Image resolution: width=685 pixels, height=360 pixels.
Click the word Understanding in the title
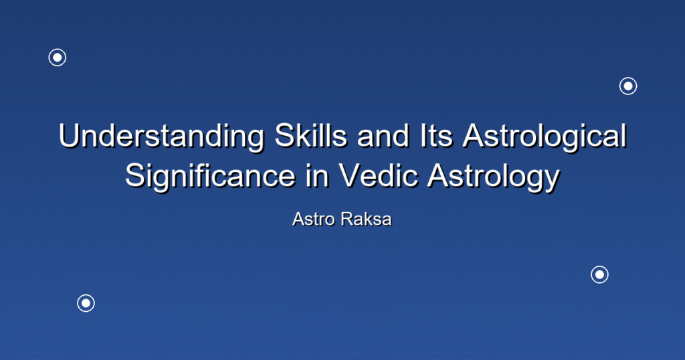pos(161,136)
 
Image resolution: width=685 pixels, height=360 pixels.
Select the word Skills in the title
pos(310,136)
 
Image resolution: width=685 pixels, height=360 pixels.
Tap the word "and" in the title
pos(383,136)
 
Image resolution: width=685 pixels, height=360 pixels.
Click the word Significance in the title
pos(210,177)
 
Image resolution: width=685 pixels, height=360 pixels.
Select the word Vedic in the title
pos(378,175)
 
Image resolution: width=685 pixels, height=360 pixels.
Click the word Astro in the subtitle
pos(314,219)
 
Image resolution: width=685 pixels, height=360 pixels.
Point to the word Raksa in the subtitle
pos(366,219)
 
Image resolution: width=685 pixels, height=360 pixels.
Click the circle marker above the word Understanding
pos(58,58)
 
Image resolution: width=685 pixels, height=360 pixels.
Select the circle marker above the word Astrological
pos(628,86)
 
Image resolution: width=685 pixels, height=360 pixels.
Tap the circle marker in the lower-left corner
pos(86,303)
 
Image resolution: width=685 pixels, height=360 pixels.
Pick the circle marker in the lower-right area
pos(600,275)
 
